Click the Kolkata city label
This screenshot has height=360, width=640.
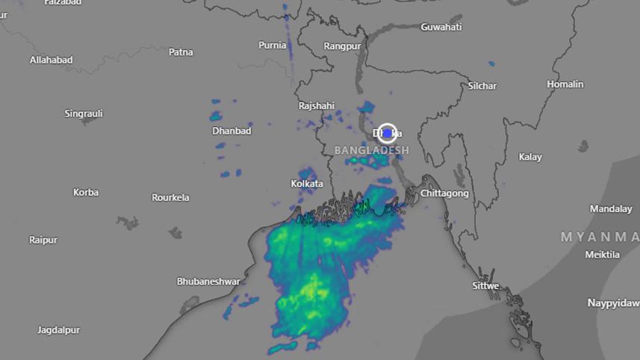point(307,184)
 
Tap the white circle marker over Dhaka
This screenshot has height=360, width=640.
point(387,134)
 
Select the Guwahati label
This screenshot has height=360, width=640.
point(441,28)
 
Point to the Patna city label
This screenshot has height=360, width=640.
point(181,52)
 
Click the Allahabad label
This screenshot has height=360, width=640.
point(51,60)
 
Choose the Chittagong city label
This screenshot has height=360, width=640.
point(444,193)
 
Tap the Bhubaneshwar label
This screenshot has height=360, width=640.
point(208,282)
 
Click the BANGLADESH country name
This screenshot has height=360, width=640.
point(372,151)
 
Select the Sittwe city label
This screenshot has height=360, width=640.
point(485,286)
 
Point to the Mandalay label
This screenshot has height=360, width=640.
point(611,208)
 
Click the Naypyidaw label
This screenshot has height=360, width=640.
point(613,303)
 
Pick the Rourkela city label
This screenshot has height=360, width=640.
point(170,198)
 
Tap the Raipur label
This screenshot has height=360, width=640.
point(43,240)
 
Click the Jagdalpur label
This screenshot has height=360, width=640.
point(58,329)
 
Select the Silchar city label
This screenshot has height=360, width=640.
point(482,86)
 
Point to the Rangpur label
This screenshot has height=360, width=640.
point(342,46)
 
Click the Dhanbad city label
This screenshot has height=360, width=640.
point(232,131)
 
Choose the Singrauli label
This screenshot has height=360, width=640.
point(84,114)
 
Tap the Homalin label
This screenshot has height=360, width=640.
point(565,84)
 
